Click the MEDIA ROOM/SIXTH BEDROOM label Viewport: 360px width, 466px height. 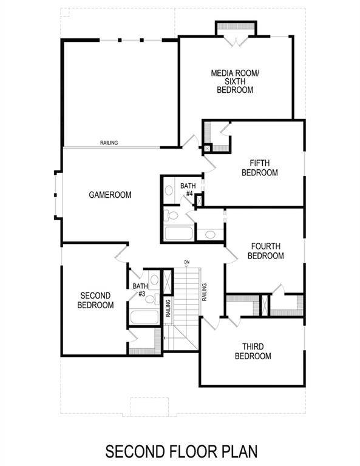(234, 81)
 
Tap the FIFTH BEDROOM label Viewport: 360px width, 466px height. (259, 167)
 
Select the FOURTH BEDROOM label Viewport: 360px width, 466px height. (265, 251)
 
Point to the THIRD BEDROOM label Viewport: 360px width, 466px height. (253, 351)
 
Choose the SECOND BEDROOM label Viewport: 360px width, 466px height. (95, 300)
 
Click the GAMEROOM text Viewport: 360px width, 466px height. (110, 195)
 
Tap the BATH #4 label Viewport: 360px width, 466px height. (187, 189)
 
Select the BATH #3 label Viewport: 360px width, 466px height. (140, 290)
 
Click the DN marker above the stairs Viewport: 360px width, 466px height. (187, 263)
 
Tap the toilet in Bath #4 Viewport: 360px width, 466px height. (172, 215)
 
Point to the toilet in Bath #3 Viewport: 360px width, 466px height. (151, 299)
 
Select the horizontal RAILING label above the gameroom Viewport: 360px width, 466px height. (109, 143)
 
